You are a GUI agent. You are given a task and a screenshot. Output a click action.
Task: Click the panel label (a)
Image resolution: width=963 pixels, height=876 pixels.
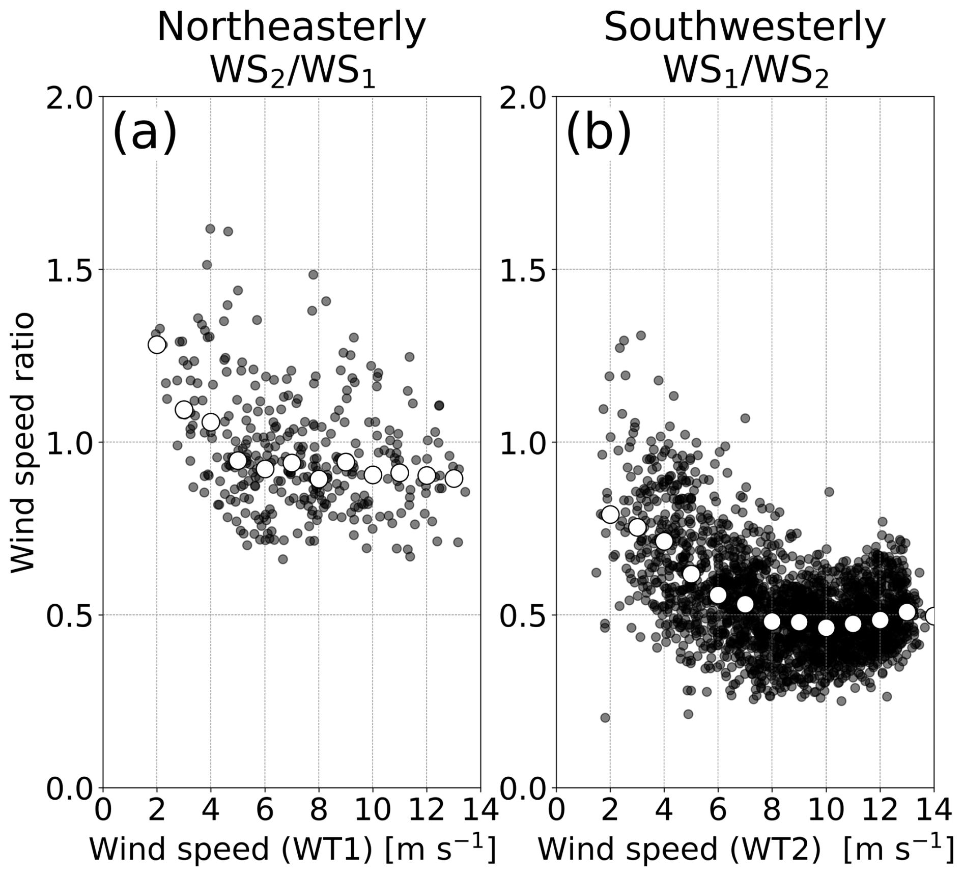click(x=145, y=132)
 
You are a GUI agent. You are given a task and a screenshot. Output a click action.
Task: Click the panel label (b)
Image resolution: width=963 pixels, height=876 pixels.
click(x=599, y=132)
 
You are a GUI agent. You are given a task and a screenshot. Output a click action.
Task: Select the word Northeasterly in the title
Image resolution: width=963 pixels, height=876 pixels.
click(x=291, y=28)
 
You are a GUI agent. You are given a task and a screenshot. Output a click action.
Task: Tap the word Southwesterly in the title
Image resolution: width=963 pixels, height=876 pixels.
click(x=745, y=28)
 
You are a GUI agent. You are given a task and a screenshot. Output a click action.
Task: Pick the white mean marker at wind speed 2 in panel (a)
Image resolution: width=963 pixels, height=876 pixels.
click(x=157, y=345)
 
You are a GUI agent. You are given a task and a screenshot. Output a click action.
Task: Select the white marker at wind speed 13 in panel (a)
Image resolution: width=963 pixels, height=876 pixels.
click(x=454, y=478)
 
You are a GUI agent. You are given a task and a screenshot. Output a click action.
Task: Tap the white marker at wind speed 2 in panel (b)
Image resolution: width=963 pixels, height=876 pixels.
click(x=610, y=514)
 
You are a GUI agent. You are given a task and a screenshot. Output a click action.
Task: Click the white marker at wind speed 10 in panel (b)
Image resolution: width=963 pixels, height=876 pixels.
click(x=826, y=628)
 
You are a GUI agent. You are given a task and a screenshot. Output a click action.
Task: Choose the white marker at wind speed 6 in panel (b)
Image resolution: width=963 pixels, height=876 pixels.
click(x=718, y=595)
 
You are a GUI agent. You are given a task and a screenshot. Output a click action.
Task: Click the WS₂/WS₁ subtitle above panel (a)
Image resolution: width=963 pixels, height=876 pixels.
click(x=293, y=71)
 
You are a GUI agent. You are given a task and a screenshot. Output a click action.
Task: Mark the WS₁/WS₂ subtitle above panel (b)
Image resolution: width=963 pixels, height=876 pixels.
click(x=746, y=71)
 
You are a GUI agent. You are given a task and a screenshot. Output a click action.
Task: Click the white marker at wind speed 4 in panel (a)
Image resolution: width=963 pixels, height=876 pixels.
click(x=211, y=422)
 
